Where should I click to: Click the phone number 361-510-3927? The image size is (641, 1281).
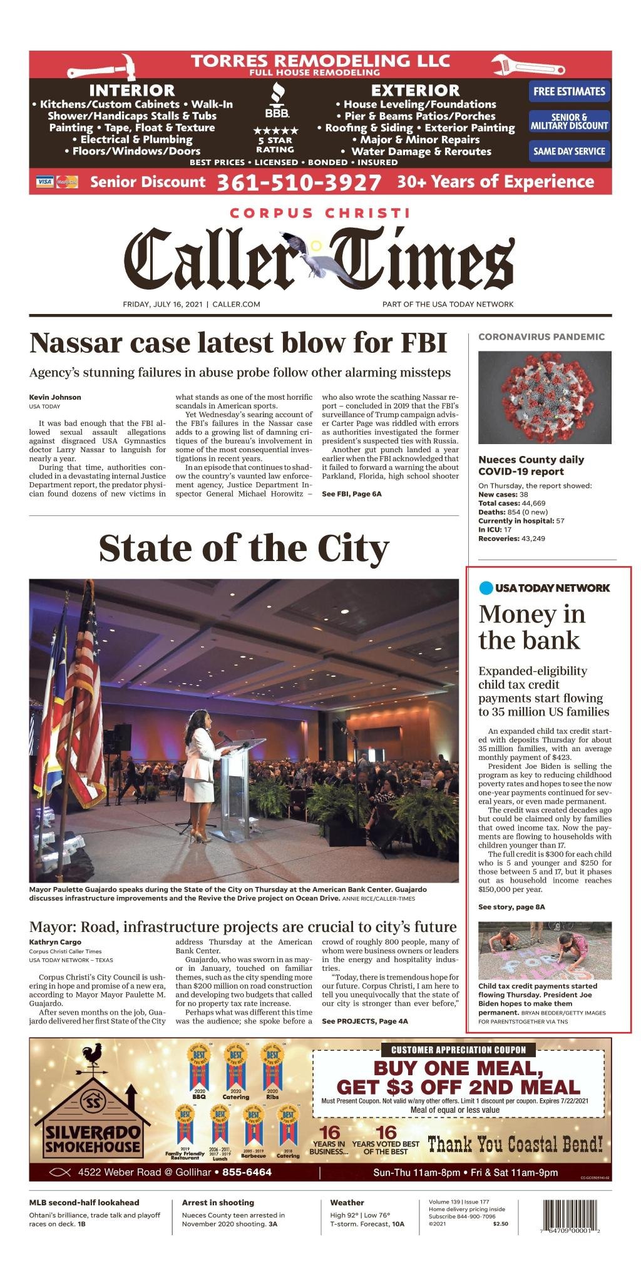[299, 182]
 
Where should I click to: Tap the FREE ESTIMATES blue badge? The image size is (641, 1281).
[569, 91]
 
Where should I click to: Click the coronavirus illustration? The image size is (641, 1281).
[545, 397]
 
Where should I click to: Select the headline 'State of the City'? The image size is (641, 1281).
[244, 548]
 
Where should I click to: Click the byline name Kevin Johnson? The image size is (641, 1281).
[55, 397]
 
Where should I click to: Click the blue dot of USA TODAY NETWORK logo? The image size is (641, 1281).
[486, 588]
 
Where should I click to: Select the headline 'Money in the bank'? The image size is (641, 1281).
[531, 627]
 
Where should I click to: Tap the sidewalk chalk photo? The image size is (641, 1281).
[545, 950]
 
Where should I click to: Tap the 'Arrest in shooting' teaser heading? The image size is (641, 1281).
[218, 1202]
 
